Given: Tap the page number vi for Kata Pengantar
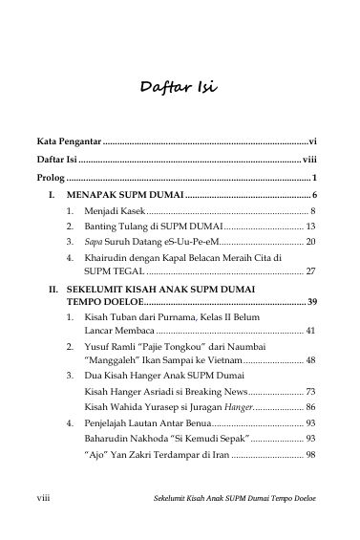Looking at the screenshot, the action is click(313, 140).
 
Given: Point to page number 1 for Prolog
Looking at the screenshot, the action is click(314, 178).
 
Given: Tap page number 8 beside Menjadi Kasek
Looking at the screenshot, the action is click(313, 210).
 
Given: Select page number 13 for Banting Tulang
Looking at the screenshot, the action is click(310, 227).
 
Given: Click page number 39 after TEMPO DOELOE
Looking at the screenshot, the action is click(310, 301).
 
